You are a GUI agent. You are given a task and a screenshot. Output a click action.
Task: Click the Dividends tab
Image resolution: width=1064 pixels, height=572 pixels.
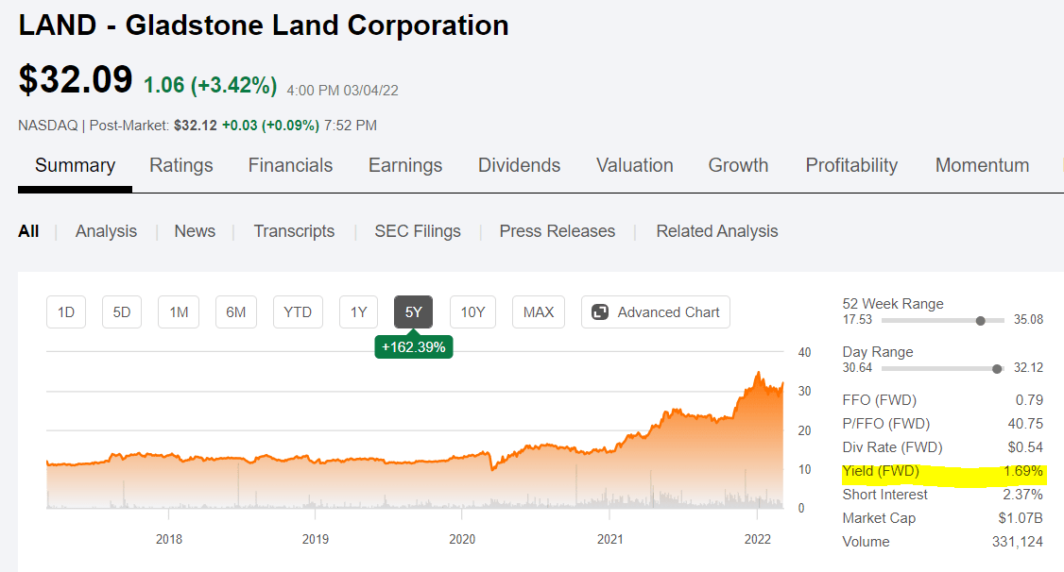(x=519, y=165)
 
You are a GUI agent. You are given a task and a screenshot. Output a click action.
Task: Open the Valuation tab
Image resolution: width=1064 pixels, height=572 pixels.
(x=634, y=165)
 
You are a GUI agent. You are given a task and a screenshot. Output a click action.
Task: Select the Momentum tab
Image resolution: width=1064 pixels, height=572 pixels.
(x=982, y=165)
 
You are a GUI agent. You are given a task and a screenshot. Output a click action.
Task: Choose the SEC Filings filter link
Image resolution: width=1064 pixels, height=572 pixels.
(x=417, y=231)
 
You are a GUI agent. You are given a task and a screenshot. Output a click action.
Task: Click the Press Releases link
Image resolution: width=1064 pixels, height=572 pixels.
(x=557, y=231)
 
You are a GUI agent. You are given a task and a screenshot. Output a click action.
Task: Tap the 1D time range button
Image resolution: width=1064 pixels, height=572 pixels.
(x=66, y=312)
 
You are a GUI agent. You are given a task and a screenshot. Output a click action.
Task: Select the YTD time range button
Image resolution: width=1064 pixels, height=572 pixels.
(x=298, y=312)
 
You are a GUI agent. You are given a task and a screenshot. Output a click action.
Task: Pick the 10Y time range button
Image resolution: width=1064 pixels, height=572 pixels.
(x=472, y=312)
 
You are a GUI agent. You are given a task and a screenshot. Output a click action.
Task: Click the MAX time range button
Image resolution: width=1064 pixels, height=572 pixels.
(x=539, y=312)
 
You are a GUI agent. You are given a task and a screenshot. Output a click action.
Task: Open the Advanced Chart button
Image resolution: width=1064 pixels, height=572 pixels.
(x=656, y=312)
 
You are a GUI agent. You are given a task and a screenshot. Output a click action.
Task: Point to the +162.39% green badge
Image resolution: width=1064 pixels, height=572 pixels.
(x=413, y=347)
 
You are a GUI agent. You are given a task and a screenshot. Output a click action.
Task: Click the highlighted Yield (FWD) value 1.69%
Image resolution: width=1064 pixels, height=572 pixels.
(x=1022, y=471)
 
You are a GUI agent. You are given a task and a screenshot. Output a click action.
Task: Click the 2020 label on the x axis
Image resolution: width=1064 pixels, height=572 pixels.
(x=462, y=540)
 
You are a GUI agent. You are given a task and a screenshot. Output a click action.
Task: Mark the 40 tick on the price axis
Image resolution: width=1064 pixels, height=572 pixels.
(x=805, y=352)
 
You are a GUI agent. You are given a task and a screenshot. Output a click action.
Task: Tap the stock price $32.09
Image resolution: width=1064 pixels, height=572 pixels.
(x=76, y=80)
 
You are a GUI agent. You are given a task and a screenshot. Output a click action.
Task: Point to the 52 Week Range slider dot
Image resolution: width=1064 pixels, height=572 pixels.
(x=980, y=321)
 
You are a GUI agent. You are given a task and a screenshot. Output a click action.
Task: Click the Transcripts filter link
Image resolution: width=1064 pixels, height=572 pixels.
(x=294, y=231)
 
